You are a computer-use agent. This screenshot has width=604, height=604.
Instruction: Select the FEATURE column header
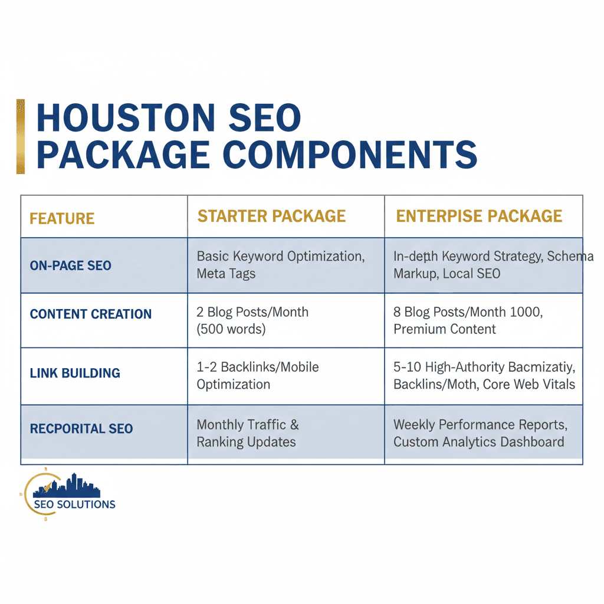coord(62,219)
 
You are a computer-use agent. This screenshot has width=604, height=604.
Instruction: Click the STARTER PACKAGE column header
coord(271,216)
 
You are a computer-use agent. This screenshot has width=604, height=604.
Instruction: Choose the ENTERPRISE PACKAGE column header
coord(479,216)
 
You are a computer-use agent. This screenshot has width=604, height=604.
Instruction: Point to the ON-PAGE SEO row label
coord(70,266)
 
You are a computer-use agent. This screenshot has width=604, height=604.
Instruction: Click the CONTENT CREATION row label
coord(91,314)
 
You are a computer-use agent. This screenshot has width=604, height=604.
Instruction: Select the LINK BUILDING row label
coord(75,373)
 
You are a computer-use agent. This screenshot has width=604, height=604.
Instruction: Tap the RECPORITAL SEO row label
coord(81,428)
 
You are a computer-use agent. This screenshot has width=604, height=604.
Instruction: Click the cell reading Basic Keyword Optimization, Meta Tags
coord(281,265)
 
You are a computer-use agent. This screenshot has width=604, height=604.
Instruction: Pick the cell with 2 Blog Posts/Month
coord(252,320)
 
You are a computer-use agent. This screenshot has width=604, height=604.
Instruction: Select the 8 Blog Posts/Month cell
coord(468,320)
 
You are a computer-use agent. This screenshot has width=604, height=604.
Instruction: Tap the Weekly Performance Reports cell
coord(480,433)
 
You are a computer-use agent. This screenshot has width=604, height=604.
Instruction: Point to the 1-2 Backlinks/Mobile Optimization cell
coord(258,376)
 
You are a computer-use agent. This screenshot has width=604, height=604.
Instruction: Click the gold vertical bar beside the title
coord(21,136)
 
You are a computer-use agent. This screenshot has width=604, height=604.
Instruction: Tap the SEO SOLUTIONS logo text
coord(74,504)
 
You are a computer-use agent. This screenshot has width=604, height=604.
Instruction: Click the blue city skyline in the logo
coord(68,486)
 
